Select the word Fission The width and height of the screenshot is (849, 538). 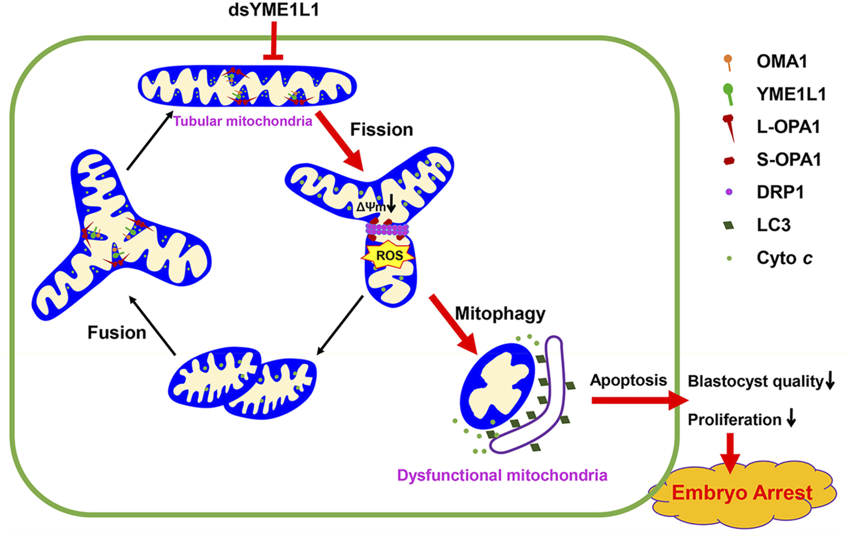click(x=382, y=129)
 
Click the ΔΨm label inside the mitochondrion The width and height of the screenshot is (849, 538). click(x=374, y=208)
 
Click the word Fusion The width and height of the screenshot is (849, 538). click(x=117, y=333)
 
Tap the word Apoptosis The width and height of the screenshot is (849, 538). click(x=619, y=380)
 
